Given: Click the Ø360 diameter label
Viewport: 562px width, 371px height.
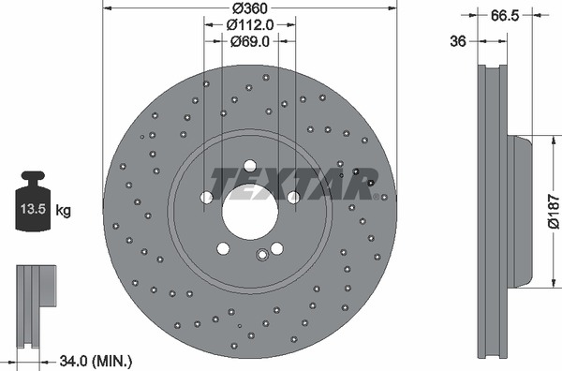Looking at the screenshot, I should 249,8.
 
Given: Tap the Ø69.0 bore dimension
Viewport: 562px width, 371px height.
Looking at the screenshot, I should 250,42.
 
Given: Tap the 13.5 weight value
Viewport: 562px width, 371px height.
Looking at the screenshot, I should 32,211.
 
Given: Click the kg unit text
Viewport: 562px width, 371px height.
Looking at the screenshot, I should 65,211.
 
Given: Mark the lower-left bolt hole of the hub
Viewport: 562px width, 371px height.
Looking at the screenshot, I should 222,248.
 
